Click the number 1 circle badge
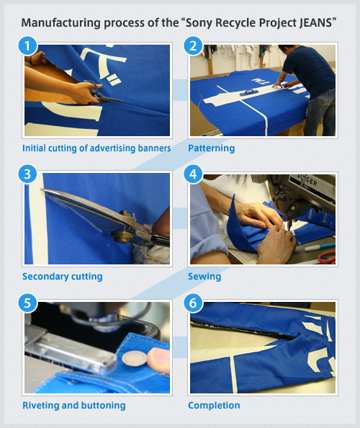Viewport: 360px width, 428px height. pos(27,47)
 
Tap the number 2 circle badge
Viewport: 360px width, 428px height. pos(193,47)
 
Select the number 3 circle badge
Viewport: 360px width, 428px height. pos(27,174)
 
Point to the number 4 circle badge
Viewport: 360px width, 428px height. pos(193,174)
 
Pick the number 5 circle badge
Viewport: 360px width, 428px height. pos(27,303)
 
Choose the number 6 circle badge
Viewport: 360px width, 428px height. pos(193,303)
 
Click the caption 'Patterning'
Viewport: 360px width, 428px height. pos(212,148)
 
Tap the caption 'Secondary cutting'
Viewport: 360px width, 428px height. pos(63,276)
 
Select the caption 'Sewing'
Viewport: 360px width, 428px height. pos(204,276)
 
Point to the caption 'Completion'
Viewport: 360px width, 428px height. pos(214,405)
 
